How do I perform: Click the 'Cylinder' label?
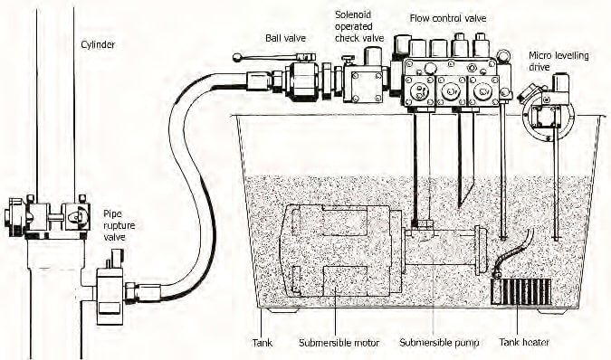pos(98,44)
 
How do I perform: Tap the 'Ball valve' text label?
pos(286,38)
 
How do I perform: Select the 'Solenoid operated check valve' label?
pos(359,26)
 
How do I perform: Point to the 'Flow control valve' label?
pos(448,18)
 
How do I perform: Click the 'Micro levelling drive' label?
pos(558,62)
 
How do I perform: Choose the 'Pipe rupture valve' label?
pos(119,225)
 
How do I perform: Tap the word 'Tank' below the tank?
pos(263,343)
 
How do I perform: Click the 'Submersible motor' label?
pos(339,343)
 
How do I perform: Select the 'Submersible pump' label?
pos(439,343)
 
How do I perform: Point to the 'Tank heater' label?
pos(524,343)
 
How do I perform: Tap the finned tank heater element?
pos(521,291)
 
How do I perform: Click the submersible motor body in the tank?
pos(341,251)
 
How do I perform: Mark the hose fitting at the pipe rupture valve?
pos(143,293)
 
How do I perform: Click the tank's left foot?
pos(283,311)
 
